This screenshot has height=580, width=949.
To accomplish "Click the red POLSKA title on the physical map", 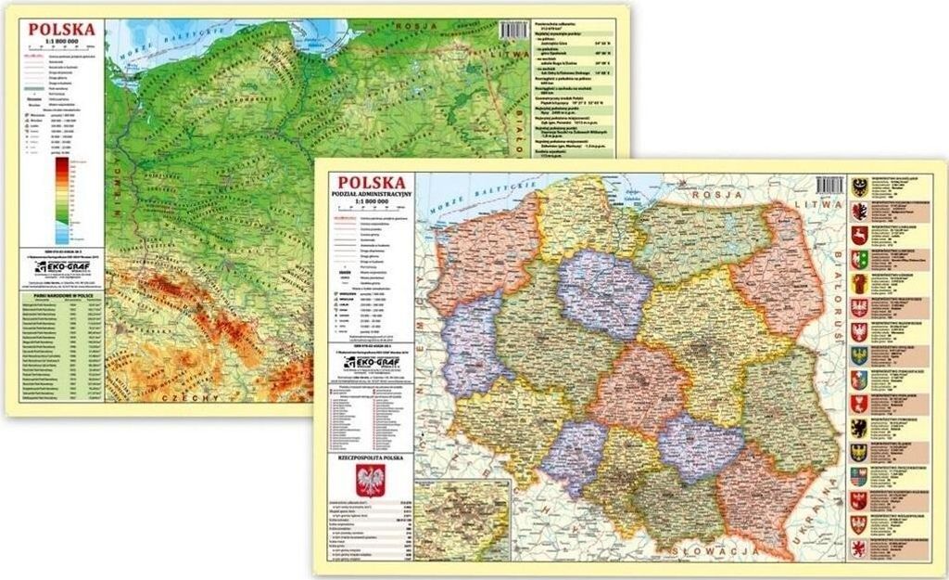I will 61,29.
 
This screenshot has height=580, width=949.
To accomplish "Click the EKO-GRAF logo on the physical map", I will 61,267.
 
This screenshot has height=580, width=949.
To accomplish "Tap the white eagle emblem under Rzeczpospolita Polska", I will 372,480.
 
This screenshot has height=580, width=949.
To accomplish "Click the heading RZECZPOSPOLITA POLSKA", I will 371,457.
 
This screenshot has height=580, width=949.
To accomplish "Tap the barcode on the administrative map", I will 830,185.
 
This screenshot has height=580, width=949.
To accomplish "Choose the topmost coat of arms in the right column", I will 860,187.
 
